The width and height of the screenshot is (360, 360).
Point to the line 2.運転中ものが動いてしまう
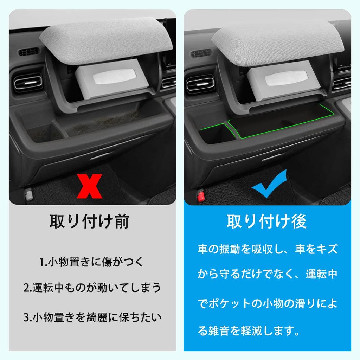[92, 288]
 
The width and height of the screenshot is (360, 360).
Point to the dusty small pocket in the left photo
[44, 133]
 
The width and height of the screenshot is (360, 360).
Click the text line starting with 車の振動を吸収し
[267, 249]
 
